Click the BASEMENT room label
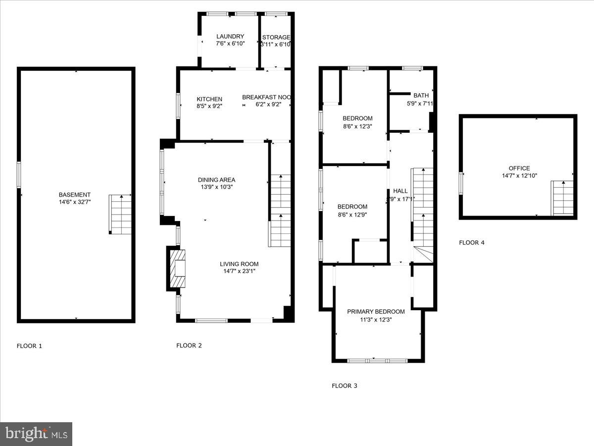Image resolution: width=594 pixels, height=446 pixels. click(x=74, y=195)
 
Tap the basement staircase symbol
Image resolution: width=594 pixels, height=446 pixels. click(x=120, y=214)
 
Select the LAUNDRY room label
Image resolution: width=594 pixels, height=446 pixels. click(x=230, y=37)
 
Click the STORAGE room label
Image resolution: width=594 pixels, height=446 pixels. click(x=276, y=37)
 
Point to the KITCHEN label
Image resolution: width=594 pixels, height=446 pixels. click(x=209, y=99)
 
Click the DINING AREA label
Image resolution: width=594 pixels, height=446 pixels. click(x=216, y=180)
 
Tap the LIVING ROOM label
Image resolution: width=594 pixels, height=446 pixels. click(x=239, y=264)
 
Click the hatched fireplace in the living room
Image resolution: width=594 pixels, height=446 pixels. click(x=178, y=268)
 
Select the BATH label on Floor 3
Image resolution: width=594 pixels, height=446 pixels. click(x=421, y=96)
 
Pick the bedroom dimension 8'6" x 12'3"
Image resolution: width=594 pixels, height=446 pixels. click(x=357, y=126)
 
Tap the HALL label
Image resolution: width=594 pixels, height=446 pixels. click(x=400, y=191)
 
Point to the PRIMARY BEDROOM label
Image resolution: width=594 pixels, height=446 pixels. click(x=376, y=312)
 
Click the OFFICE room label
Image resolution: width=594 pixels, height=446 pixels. click(x=519, y=168)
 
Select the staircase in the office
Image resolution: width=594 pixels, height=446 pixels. click(x=562, y=198)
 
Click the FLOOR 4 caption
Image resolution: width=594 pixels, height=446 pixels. click(x=472, y=243)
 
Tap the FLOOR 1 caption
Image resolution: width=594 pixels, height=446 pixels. click(x=30, y=346)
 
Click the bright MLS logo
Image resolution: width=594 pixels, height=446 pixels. click(x=36, y=434)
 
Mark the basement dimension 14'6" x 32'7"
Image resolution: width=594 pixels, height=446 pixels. click(x=74, y=202)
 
